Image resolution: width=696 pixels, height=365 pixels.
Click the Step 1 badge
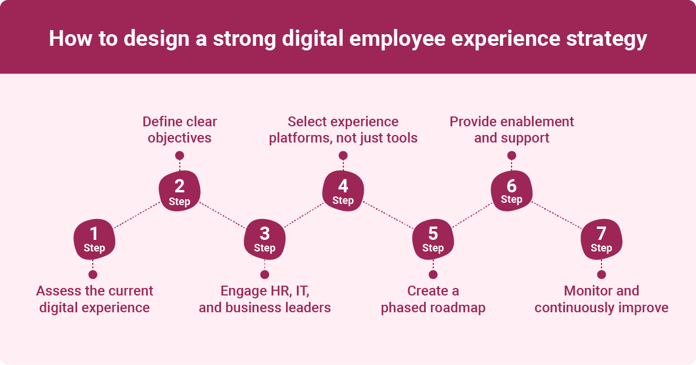coord(94,240)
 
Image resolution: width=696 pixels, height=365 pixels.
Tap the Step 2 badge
coord(180,193)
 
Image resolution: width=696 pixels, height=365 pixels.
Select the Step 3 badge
coord(264,240)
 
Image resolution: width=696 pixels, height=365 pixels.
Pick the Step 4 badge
coord(343,193)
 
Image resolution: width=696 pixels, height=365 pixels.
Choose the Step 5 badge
coord(433,240)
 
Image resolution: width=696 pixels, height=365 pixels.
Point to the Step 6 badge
coord(511,192)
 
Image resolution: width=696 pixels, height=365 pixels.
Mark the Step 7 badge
coord(601,240)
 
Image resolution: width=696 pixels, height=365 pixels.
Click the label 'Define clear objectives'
coord(180,130)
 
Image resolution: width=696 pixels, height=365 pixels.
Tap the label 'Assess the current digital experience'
coord(95,299)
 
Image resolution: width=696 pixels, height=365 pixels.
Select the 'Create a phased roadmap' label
coord(433,299)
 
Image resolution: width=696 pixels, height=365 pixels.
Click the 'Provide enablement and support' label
coord(512,130)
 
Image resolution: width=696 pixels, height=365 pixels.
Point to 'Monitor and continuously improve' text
coord(601,299)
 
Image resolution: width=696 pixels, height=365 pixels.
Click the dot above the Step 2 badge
coord(180,155)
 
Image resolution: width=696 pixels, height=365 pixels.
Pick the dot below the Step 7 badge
coord(601,275)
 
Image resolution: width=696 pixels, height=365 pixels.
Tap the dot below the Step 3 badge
coord(264,275)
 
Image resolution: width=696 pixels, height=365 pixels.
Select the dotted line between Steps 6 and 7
coord(557,216)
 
